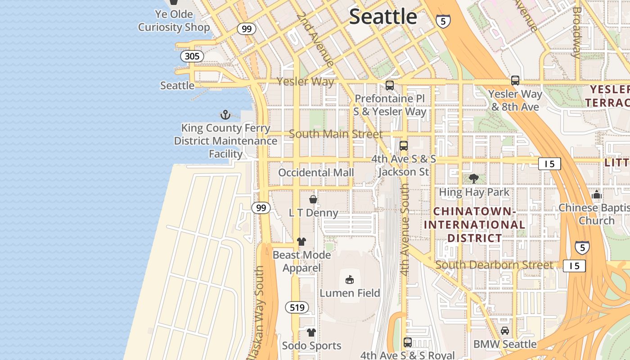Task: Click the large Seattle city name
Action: click(x=383, y=17)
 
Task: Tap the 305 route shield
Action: click(x=192, y=56)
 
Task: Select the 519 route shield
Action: click(x=297, y=307)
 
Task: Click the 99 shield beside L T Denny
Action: click(x=261, y=207)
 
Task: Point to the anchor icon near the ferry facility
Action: click(x=225, y=115)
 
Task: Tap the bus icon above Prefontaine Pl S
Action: click(x=390, y=85)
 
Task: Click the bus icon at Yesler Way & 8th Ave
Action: click(x=515, y=81)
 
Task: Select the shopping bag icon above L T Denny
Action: click(x=313, y=199)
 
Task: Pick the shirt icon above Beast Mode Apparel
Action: click(x=301, y=242)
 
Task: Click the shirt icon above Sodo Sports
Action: click(x=311, y=333)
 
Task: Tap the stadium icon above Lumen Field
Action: click(x=350, y=279)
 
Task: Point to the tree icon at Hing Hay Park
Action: click(x=474, y=179)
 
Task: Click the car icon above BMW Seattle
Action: click(x=505, y=331)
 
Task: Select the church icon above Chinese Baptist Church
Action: click(x=597, y=194)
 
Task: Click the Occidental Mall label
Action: click(x=316, y=172)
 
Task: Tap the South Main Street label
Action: click(x=336, y=134)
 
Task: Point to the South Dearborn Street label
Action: click(x=494, y=265)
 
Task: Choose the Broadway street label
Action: click(x=576, y=32)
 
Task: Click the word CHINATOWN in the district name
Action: click(x=474, y=211)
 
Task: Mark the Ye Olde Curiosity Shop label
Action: click(x=174, y=21)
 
